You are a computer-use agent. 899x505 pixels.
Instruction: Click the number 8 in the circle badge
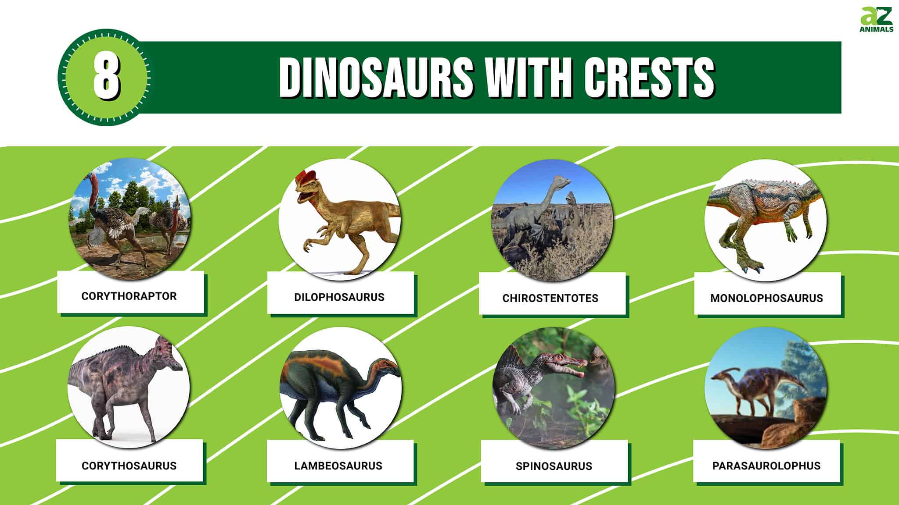point(106,78)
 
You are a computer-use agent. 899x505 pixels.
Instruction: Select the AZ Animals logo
point(876,20)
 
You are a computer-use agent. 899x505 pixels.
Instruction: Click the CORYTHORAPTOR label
point(129,296)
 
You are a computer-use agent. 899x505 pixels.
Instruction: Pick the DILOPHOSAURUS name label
point(339,297)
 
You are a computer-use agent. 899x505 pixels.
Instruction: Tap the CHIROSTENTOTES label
point(550,298)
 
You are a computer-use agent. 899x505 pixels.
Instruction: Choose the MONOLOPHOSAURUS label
point(766,298)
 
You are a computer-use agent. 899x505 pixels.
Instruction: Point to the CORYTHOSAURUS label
point(129,466)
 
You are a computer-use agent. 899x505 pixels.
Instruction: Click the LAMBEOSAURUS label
point(338,466)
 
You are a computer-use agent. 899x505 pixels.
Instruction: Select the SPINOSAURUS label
point(554,466)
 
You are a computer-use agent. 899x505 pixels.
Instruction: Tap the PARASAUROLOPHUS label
point(766,466)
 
